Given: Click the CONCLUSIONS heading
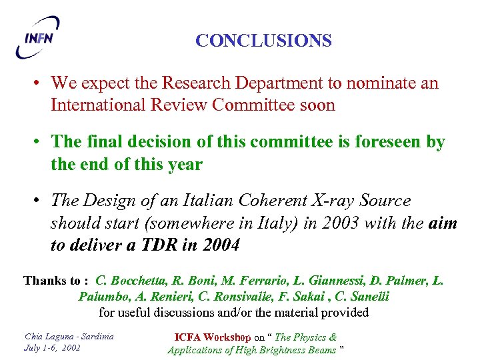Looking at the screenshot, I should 263,41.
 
